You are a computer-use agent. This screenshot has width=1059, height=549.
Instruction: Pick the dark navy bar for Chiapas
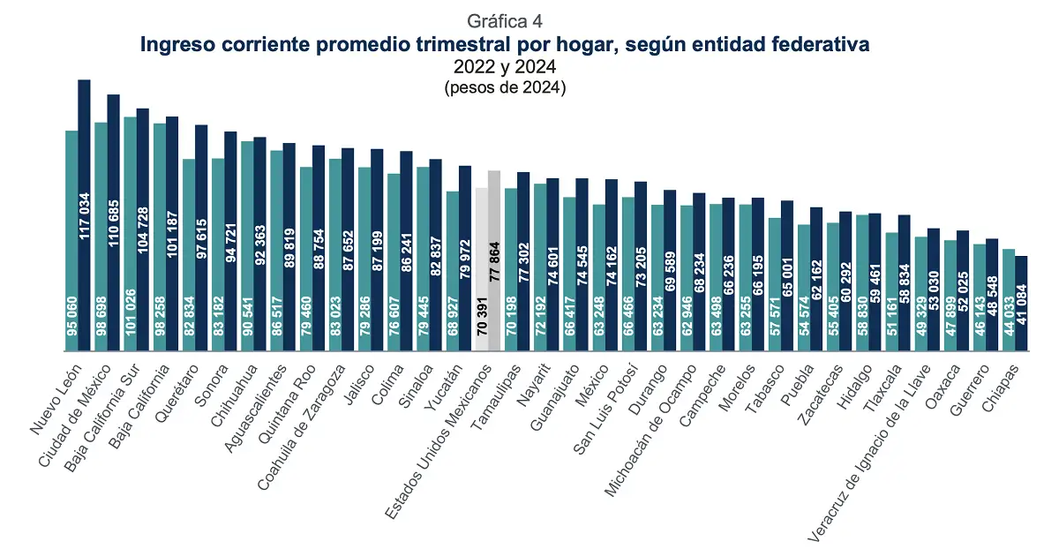click(1021, 304)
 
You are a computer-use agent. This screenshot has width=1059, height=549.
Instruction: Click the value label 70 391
click(481, 321)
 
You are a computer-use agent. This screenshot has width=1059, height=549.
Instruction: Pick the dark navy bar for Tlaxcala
click(904, 282)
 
